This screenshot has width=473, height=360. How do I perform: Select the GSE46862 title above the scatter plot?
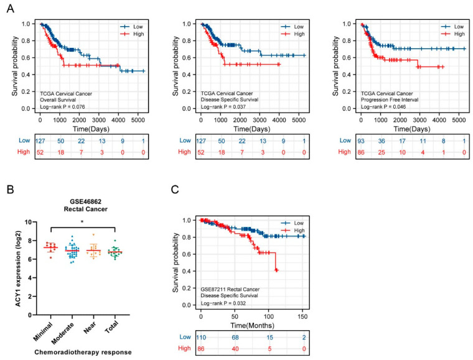click(82, 193)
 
